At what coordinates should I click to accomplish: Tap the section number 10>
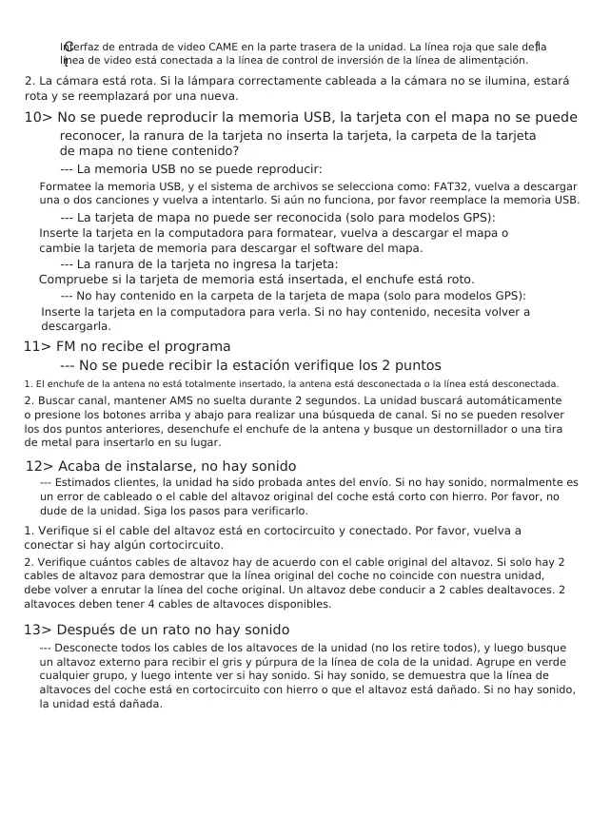[x=38, y=118]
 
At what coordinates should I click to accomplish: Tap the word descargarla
[x=76, y=326]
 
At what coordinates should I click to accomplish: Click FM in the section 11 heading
[x=67, y=346]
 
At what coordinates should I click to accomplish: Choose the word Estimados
[x=89, y=482]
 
